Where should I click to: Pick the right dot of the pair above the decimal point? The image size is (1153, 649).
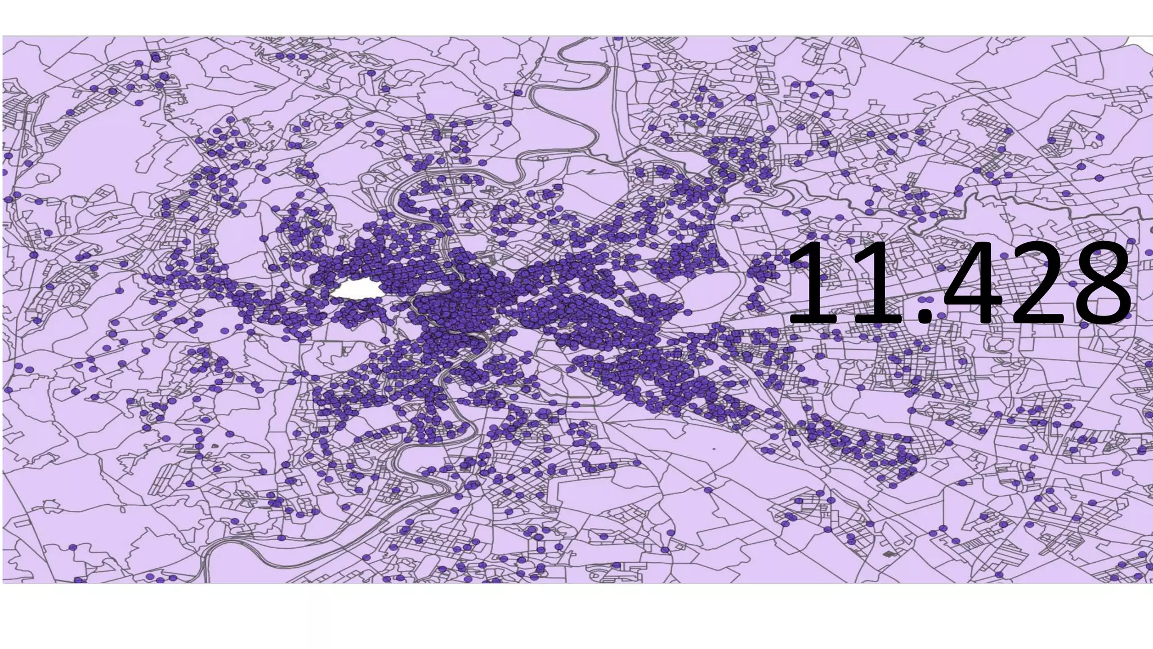[929, 300]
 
